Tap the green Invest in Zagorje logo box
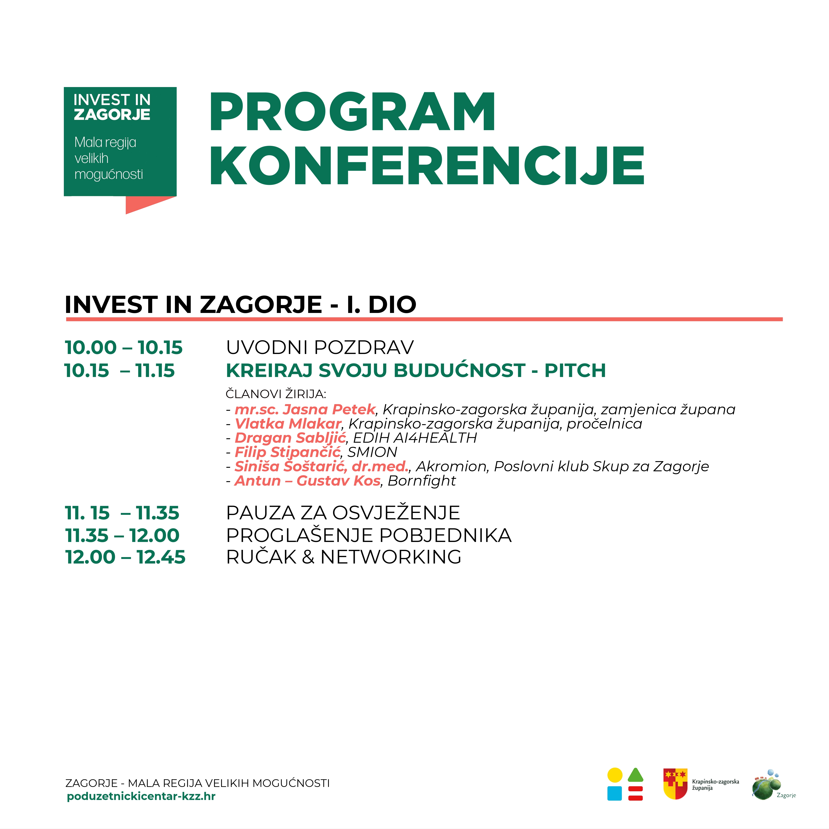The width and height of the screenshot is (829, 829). click(120, 142)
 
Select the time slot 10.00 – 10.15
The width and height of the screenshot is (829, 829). click(124, 348)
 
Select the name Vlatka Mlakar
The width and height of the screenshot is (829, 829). click(288, 424)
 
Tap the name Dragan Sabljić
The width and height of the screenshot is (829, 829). click(290, 438)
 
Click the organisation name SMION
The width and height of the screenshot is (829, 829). click(372, 452)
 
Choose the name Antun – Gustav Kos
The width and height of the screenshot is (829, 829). click(307, 481)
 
